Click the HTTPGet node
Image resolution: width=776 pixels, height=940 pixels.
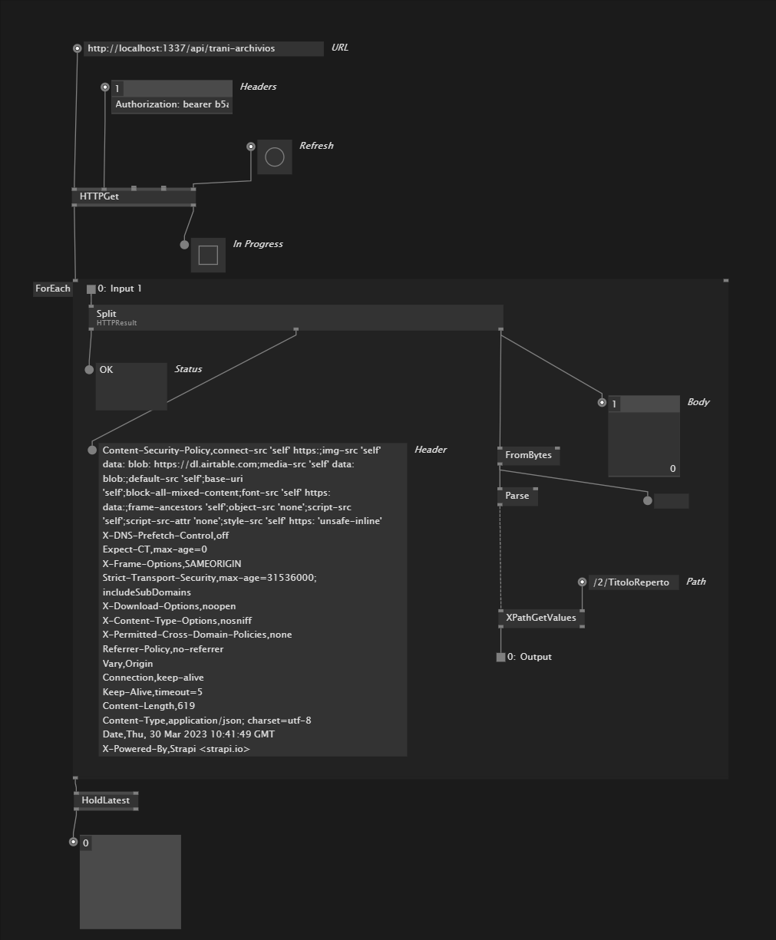[x=134, y=196]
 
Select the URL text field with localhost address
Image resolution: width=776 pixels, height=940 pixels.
[x=203, y=48]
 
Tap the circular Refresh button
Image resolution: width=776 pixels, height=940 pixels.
[x=275, y=157]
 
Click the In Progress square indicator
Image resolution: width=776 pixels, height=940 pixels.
[x=208, y=256]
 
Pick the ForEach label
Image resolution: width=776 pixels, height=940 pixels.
[x=53, y=289]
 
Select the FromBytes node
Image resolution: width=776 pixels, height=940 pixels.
[x=529, y=455]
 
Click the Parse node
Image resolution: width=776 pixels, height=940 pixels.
[x=517, y=496]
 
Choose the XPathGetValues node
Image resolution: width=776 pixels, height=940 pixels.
[x=541, y=618]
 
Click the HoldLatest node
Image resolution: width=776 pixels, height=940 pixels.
[x=106, y=800]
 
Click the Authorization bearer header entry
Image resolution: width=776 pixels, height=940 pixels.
[x=172, y=104]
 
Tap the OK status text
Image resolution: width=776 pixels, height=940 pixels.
[x=106, y=370]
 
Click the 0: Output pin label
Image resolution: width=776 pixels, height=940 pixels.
[x=529, y=658]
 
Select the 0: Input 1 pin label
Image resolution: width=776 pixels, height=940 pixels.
[x=120, y=289]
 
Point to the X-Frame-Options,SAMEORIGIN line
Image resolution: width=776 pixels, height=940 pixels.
[x=172, y=564]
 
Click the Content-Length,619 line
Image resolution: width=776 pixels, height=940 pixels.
[x=149, y=706]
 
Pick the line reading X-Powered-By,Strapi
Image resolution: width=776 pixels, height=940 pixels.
[x=176, y=749]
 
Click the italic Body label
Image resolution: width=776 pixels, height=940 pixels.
[x=698, y=402]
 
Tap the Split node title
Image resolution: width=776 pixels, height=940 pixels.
[x=106, y=314]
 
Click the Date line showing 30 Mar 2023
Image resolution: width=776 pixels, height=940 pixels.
[x=189, y=734]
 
